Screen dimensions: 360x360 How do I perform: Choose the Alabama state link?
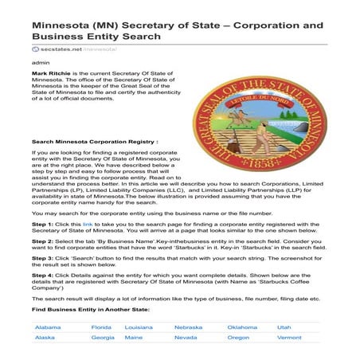(48, 327)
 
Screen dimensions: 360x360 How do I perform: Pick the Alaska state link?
(45, 338)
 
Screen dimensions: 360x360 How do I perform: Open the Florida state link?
(101, 327)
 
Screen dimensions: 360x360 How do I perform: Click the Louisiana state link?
(139, 327)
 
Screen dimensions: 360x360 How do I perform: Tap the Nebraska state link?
(189, 327)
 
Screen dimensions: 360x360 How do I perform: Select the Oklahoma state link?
(242, 327)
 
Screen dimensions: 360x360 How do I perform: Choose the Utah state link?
(284, 327)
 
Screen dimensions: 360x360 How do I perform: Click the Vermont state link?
(289, 338)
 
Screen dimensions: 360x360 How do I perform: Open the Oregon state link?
(238, 338)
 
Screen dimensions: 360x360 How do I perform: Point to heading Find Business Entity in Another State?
(88, 307)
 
